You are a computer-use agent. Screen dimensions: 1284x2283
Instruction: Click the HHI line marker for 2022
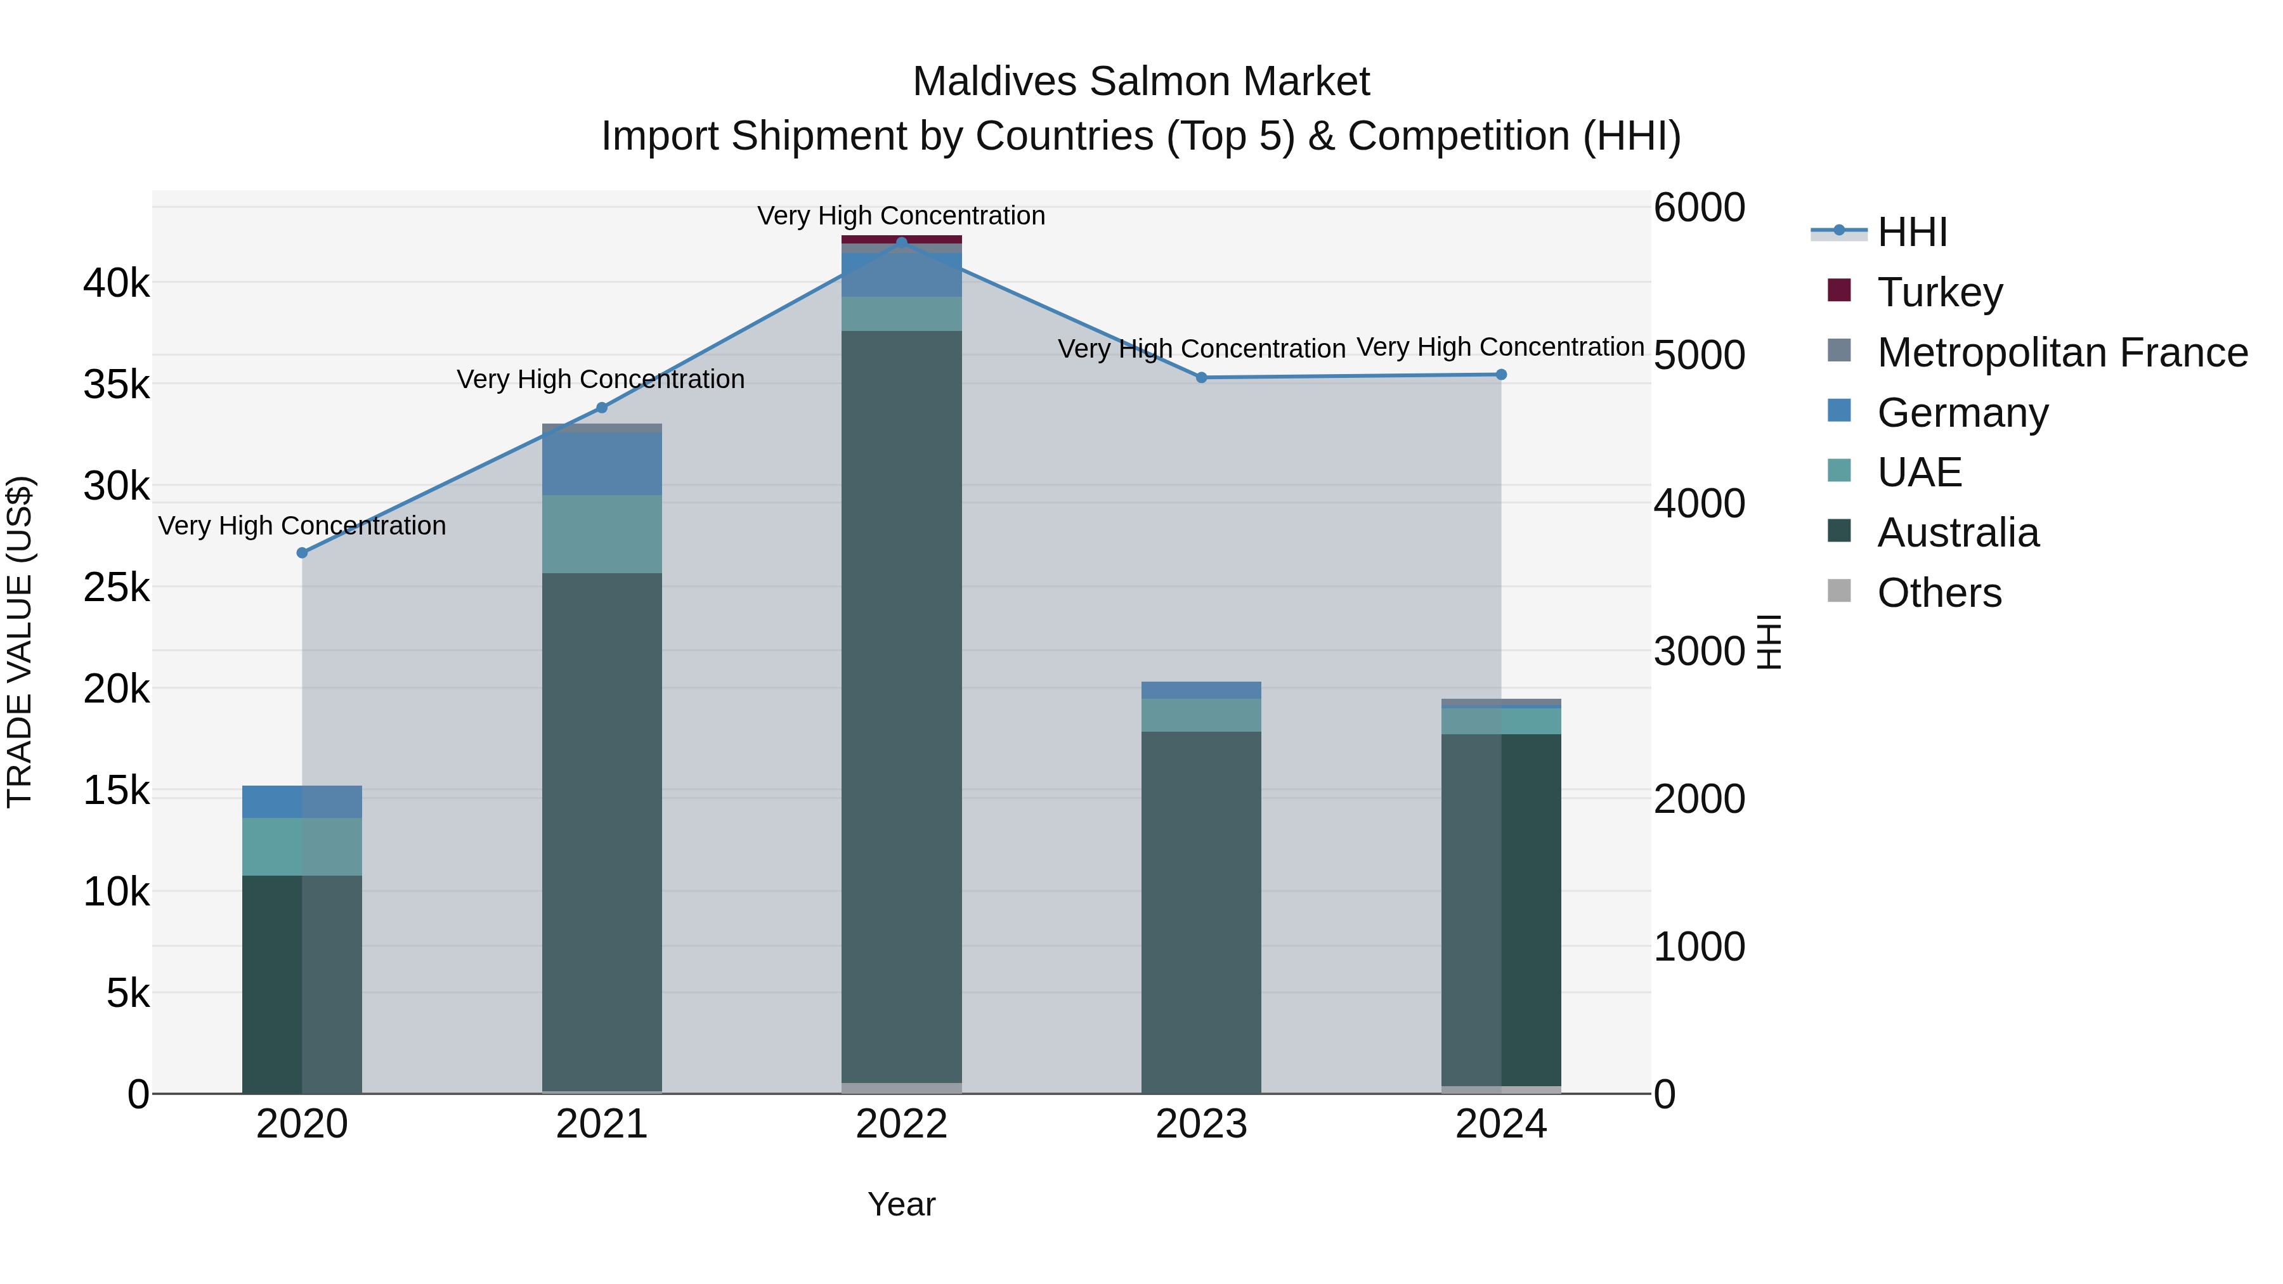pyautogui.click(x=901, y=242)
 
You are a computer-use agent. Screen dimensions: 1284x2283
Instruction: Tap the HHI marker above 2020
pyautogui.click(x=302, y=553)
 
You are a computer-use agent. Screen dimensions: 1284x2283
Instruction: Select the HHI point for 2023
pyautogui.click(x=1202, y=377)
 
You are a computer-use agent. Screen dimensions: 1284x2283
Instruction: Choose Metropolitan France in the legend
pyautogui.click(x=2062, y=353)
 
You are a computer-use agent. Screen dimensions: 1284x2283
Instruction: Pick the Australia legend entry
pyautogui.click(x=1957, y=533)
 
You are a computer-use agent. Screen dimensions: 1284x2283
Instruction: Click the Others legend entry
pyautogui.click(x=1938, y=593)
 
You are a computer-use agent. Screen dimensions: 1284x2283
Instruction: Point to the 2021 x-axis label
pyautogui.click(x=602, y=1124)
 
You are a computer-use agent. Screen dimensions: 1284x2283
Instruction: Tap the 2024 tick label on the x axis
pyautogui.click(x=1500, y=1124)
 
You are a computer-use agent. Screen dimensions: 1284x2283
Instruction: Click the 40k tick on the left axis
pyautogui.click(x=116, y=283)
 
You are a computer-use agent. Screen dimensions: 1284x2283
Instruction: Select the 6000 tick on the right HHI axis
pyautogui.click(x=1699, y=208)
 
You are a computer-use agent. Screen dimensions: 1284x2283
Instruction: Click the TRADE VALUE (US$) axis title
pyautogui.click(x=20, y=642)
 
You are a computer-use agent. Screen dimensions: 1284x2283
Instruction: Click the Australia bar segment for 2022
pyautogui.click(x=901, y=709)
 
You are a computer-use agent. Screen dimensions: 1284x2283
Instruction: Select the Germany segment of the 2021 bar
pyautogui.click(x=602, y=464)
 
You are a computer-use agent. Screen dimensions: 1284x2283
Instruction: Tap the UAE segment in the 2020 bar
pyautogui.click(x=302, y=846)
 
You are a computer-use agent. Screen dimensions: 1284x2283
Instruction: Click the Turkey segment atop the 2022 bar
pyautogui.click(x=901, y=239)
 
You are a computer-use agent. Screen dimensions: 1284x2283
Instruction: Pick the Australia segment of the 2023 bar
pyautogui.click(x=1201, y=912)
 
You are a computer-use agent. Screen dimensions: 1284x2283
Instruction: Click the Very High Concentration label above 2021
pyautogui.click(x=601, y=379)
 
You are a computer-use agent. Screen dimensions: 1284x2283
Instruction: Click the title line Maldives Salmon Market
pyautogui.click(x=1141, y=82)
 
